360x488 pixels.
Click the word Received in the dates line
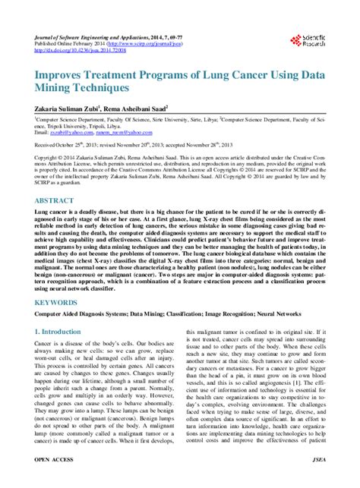click(x=47, y=143)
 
